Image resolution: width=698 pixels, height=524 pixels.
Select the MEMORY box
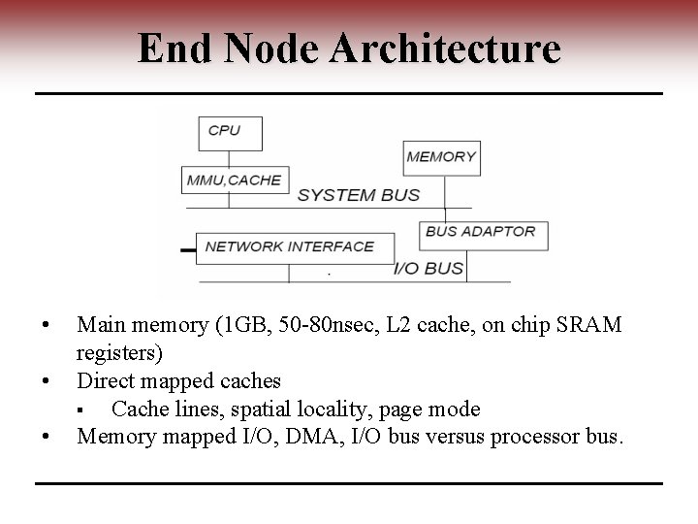coord(441,156)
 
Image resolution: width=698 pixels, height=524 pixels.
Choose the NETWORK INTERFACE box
coord(294,246)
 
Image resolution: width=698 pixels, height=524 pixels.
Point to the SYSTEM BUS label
coord(359,195)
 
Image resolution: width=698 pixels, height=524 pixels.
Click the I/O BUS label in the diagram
coord(428,268)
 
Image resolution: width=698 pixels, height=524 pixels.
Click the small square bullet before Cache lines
coord(85,409)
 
